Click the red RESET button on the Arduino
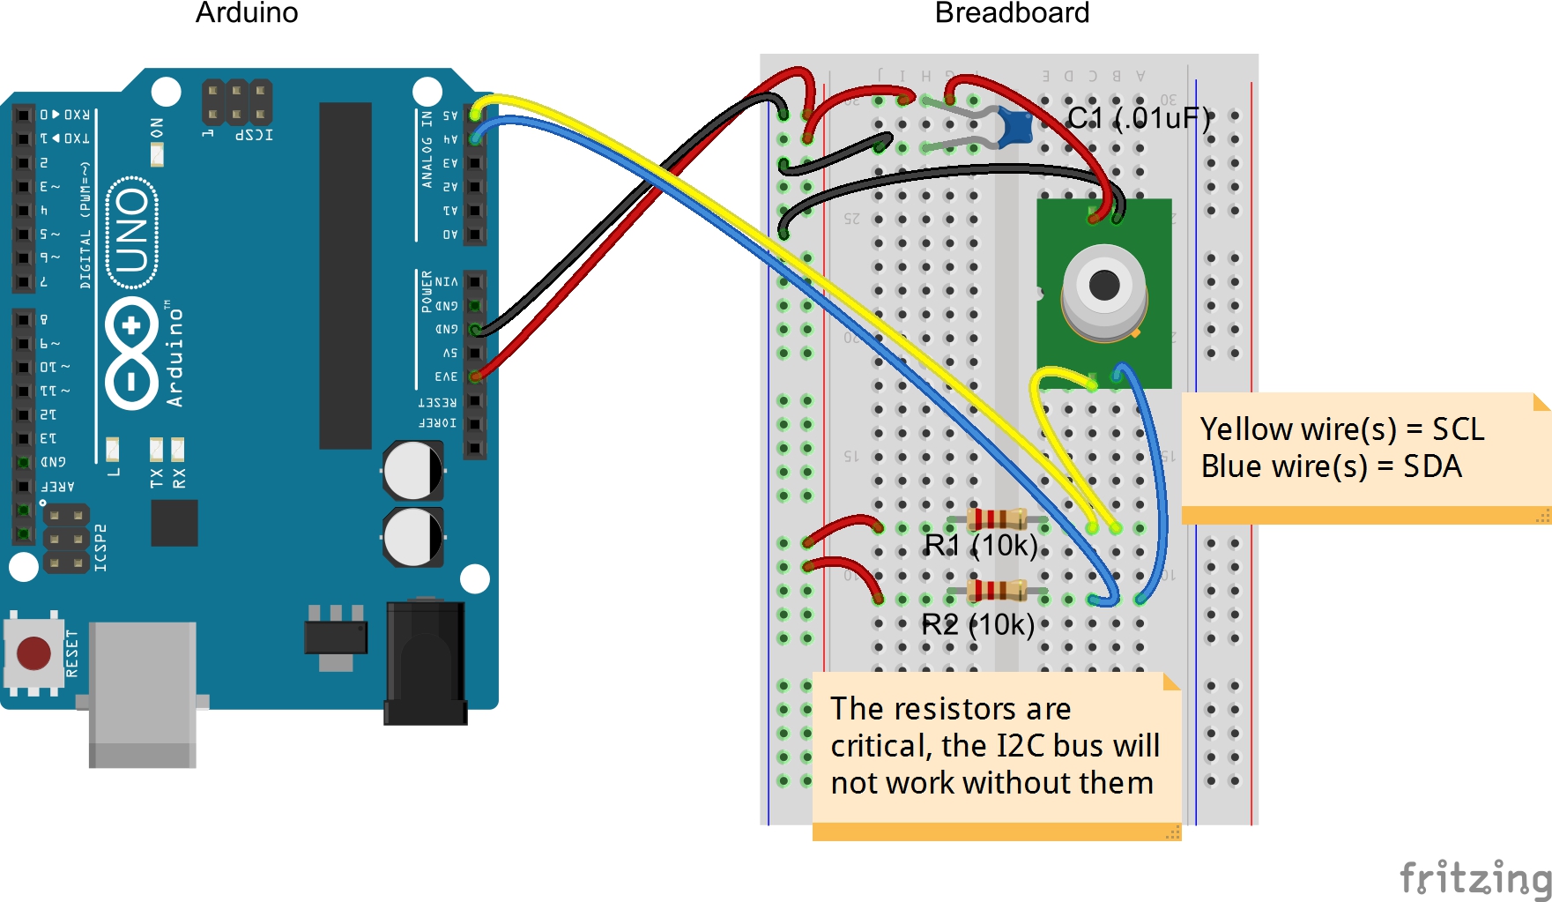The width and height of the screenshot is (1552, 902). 33,653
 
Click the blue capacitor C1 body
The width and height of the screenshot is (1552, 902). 1016,128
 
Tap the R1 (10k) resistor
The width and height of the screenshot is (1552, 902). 997,519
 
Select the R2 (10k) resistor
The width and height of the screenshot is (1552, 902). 997,589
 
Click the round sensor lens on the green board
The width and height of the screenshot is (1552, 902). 1104,286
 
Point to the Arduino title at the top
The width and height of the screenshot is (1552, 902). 247,13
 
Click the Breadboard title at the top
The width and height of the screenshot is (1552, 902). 1012,13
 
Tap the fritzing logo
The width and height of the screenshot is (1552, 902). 1475,878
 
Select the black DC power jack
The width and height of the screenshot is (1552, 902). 425,661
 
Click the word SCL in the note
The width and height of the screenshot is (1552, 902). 1458,429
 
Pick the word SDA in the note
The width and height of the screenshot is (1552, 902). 1432,466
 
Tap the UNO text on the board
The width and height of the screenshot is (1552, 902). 132,232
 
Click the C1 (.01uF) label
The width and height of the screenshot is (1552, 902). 1139,117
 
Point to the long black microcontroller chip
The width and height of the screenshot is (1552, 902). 345,275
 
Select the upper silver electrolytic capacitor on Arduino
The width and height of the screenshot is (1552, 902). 412,470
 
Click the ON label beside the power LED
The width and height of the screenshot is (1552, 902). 157,128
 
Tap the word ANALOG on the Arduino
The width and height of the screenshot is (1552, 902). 427,161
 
